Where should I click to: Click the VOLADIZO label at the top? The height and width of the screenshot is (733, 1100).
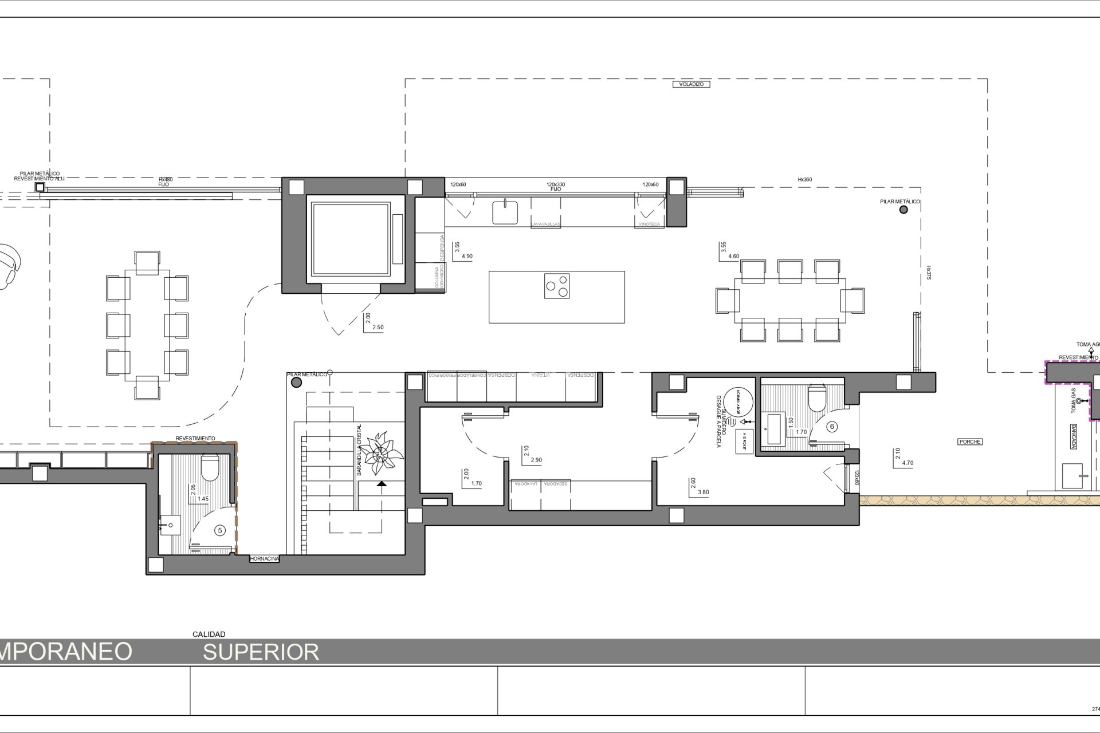[x=691, y=84]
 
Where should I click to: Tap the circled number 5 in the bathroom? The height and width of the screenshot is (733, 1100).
[x=219, y=531]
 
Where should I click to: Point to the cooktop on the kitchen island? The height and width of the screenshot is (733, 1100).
[x=557, y=286]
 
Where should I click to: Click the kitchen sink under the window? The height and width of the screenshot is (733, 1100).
[x=505, y=212]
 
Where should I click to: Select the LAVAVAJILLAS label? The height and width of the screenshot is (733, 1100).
[x=545, y=224]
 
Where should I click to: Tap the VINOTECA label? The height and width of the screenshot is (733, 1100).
[x=649, y=224]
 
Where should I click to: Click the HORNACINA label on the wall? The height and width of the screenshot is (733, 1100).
[x=265, y=558]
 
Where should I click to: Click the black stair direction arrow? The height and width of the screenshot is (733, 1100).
[x=382, y=484]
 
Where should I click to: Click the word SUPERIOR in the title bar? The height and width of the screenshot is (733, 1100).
[x=261, y=652]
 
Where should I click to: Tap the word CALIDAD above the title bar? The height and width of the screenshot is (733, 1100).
[x=209, y=634]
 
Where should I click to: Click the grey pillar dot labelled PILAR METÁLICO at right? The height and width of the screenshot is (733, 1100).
[x=903, y=210]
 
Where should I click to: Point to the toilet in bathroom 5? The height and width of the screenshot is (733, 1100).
[x=210, y=468]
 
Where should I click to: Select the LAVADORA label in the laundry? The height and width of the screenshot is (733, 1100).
[x=525, y=484]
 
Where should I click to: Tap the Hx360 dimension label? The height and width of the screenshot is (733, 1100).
[x=804, y=180]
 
